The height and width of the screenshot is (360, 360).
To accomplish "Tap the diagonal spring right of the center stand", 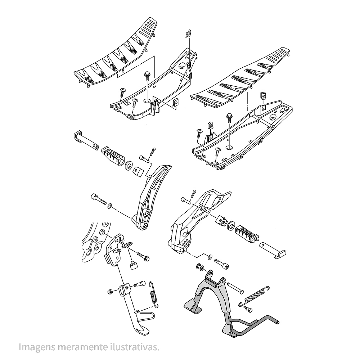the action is point(254,296).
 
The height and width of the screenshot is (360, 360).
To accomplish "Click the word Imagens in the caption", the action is point(37,347).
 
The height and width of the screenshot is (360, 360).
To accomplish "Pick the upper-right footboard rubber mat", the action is point(240,78).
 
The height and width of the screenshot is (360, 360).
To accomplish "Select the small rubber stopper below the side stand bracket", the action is point(134,265).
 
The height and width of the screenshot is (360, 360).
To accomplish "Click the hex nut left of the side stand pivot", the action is point(109,292).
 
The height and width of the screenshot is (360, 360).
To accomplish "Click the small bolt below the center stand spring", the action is point(248,309).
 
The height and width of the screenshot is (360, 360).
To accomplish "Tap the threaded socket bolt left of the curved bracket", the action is point(99,199).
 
